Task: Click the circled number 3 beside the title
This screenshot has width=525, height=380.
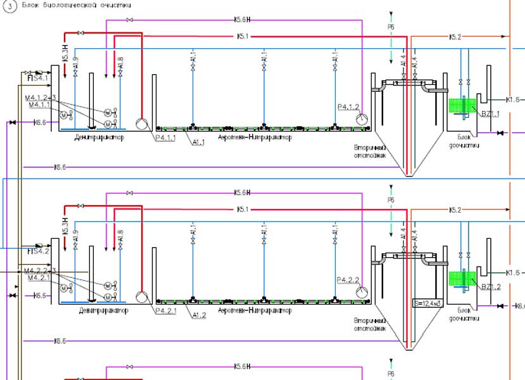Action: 9,5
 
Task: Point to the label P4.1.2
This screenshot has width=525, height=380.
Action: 348,106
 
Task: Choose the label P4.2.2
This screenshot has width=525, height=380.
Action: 348,279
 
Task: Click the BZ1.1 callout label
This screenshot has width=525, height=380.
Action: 491,114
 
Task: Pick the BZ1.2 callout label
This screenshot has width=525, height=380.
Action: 491,287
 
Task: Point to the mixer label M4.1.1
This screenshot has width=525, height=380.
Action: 38,105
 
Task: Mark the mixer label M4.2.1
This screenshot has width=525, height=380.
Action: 38,278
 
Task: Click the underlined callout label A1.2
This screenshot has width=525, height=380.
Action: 199,315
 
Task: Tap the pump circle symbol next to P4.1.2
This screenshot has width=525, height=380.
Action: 362,118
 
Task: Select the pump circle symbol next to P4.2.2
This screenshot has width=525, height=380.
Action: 362,291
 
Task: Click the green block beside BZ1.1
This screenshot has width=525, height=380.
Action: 457,105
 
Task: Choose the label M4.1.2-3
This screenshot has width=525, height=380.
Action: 41,98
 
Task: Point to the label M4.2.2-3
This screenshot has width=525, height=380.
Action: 41,271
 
